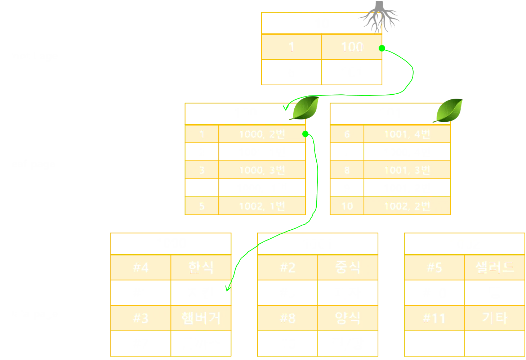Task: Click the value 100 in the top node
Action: [x=352, y=47]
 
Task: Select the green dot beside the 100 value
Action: [x=382, y=48]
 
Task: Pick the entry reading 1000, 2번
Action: [x=262, y=134]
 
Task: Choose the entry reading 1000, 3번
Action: [x=262, y=170]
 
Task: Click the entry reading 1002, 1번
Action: [x=262, y=206]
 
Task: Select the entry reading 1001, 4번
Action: [x=407, y=134]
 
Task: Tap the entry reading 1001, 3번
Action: [x=407, y=170]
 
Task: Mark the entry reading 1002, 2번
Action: [x=407, y=206]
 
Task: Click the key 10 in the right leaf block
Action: [x=347, y=206]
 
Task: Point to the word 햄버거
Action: [x=201, y=318]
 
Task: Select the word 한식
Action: [x=201, y=267]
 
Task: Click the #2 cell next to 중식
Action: [x=287, y=268]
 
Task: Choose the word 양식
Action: [x=348, y=318]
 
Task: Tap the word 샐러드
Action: [x=494, y=267]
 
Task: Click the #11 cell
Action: [x=434, y=318]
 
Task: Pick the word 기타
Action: [x=494, y=318]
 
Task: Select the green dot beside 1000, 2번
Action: [x=306, y=134]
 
